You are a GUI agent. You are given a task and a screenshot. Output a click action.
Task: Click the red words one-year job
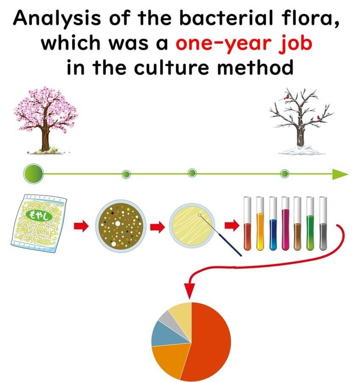tap(244, 44)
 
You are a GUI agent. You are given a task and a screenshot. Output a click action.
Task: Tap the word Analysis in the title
tap(57, 19)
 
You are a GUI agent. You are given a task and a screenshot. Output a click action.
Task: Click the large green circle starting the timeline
tap(34, 174)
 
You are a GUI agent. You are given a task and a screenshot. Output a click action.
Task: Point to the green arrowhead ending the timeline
tap(340, 174)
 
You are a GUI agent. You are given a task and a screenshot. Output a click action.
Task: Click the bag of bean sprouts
tap(39, 223)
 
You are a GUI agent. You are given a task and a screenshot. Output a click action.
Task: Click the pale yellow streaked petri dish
tap(192, 226)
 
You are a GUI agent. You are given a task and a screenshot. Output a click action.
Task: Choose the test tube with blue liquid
tap(273, 223)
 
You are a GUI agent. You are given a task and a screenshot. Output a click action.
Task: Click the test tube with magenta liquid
tap(285, 223)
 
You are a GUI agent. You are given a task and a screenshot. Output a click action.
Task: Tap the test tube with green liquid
tap(310, 223)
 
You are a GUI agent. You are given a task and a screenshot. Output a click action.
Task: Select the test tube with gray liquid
tap(323, 223)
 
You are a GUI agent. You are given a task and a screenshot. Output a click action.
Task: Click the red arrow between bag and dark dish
tap(81, 226)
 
